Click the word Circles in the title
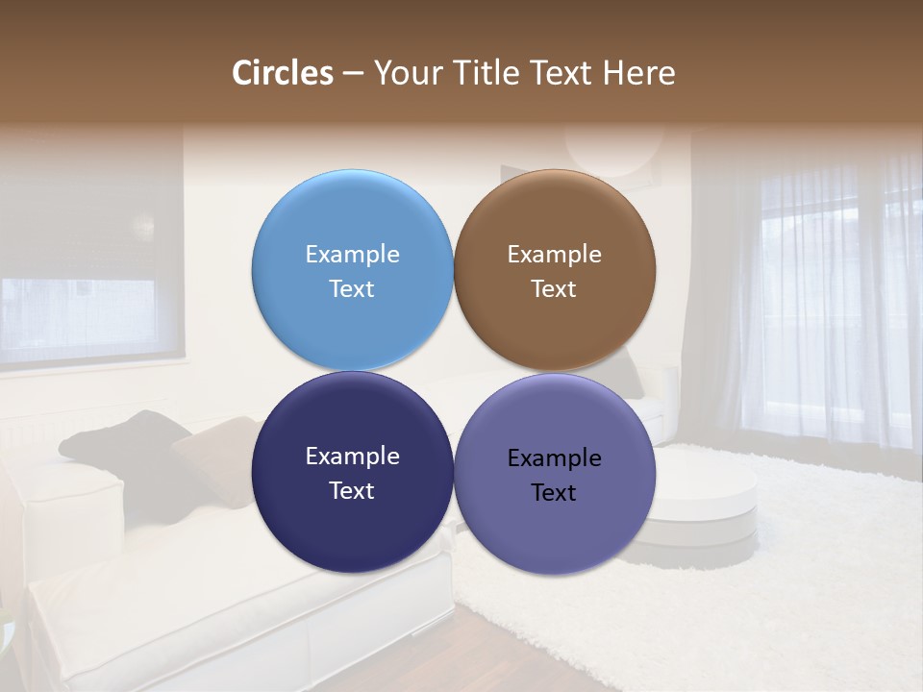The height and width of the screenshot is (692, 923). pyautogui.click(x=283, y=73)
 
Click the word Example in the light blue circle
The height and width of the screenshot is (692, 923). pyautogui.click(x=352, y=255)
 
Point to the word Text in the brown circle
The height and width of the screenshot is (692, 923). pyautogui.click(x=554, y=289)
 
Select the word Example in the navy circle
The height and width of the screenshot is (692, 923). pyautogui.click(x=352, y=457)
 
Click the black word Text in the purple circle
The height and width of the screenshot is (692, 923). pyautogui.click(x=554, y=493)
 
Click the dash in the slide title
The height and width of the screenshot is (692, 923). pyautogui.click(x=353, y=73)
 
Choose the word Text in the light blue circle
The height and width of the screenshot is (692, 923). pyautogui.click(x=352, y=289)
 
